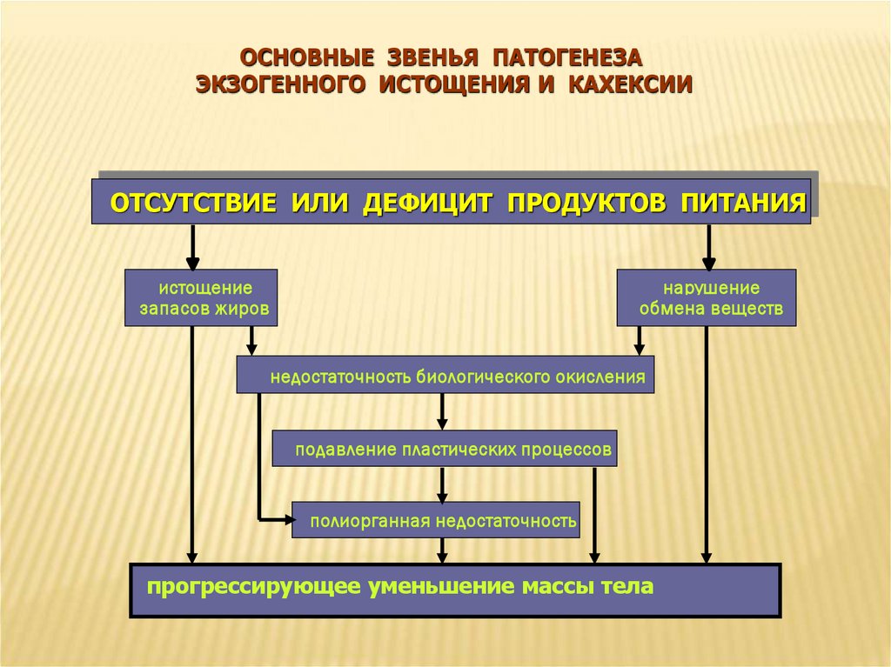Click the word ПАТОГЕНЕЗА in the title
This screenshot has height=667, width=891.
click(x=566, y=58)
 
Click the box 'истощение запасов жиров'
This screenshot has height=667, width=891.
click(x=201, y=297)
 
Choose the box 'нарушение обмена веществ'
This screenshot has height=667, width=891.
click(x=707, y=297)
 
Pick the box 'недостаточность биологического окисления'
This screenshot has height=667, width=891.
click(x=445, y=375)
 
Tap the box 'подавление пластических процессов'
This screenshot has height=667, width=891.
click(x=445, y=449)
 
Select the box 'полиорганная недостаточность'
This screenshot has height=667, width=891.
click(x=435, y=520)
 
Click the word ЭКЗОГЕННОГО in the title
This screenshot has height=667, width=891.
click(x=281, y=84)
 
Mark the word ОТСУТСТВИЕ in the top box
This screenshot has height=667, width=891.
click(x=193, y=203)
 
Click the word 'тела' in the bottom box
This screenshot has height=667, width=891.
click(x=627, y=586)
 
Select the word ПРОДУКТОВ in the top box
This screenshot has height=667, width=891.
click(x=587, y=203)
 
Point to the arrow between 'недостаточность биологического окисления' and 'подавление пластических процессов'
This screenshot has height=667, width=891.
click(x=443, y=411)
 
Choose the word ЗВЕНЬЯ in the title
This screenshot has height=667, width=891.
click(x=429, y=58)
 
